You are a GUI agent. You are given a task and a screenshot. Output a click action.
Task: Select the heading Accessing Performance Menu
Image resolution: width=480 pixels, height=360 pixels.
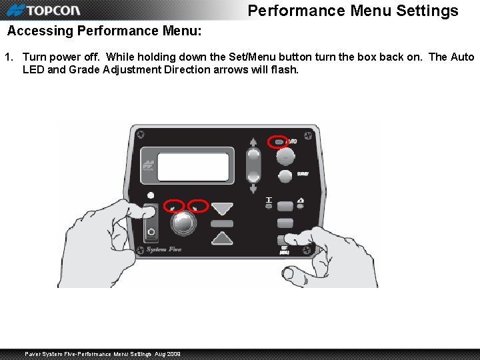tap(103, 31)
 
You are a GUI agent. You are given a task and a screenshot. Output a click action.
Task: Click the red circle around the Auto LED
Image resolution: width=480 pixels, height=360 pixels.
tap(277, 142)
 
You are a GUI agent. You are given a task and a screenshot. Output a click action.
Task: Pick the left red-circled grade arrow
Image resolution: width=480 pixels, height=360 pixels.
tap(175, 206)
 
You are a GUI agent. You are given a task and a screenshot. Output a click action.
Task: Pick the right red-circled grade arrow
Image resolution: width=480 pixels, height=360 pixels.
tap(197, 206)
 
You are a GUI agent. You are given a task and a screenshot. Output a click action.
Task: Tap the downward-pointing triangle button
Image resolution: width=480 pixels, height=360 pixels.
tap(222, 209)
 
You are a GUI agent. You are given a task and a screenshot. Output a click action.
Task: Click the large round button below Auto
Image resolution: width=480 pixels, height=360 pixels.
tap(285, 157)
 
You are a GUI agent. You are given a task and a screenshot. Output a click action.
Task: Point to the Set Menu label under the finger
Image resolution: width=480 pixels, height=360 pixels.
tap(285, 250)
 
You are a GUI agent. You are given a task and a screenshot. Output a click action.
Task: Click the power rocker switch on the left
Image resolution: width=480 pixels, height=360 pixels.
tap(151, 223)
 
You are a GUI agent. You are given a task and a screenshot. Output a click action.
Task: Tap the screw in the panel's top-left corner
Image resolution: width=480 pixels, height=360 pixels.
tap(141, 135)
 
